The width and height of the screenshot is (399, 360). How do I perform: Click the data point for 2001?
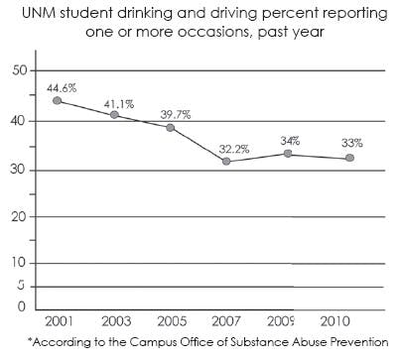pyautogui.click(x=59, y=101)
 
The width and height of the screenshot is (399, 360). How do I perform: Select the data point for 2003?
pyautogui.click(x=115, y=115)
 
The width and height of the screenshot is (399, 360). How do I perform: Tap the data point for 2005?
pyautogui.click(x=172, y=128)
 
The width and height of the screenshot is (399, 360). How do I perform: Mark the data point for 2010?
pyautogui.click(x=349, y=158)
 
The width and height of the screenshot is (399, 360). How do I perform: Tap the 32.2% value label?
pyautogui.click(x=233, y=148)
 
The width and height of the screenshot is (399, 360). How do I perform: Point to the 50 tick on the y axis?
pyautogui.click(x=18, y=70)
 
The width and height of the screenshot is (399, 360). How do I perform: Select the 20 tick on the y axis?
pyautogui.click(x=18, y=216)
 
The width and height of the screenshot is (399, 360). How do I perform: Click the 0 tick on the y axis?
pyautogui.click(x=21, y=308)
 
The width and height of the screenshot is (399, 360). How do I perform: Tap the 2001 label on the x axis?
pyautogui.click(x=59, y=323)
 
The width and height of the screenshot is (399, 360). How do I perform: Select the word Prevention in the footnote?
pyautogui.click(x=354, y=343)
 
